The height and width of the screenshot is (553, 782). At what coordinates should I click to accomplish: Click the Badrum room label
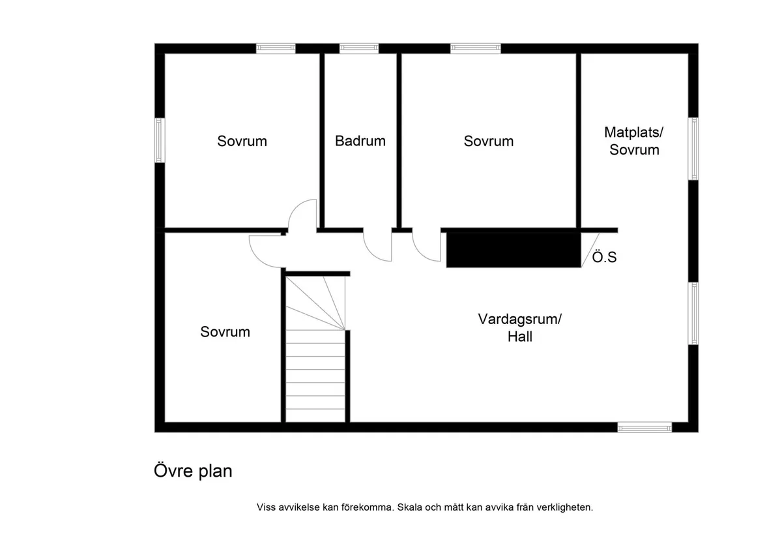[x=360, y=141]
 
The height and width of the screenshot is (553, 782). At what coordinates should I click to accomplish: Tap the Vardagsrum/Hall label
[x=519, y=328]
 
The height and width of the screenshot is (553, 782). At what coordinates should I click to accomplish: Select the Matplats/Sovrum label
[x=633, y=141]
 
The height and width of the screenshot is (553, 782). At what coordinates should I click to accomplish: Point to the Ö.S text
[x=604, y=258]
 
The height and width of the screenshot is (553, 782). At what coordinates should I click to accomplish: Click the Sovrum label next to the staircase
[x=225, y=332]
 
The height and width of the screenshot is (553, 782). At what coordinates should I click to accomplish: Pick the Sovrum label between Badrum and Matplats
[x=488, y=141]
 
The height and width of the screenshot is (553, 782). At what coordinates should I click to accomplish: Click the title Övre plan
[x=193, y=471]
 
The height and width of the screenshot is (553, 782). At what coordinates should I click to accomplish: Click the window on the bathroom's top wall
[x=359, y=48]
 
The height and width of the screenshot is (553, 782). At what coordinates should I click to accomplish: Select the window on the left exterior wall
[x=159, y=140]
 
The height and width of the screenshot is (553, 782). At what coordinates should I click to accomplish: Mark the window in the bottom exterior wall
[x=644, y=428]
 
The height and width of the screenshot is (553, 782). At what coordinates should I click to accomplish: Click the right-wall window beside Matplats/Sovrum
[x=694, y=148]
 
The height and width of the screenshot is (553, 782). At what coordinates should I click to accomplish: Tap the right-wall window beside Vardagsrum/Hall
[x=694, y=314]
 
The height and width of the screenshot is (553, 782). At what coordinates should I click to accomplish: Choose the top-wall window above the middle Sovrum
[x=476, y=48]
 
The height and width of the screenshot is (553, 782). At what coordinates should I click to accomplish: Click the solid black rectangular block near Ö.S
[x=513, y=249]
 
